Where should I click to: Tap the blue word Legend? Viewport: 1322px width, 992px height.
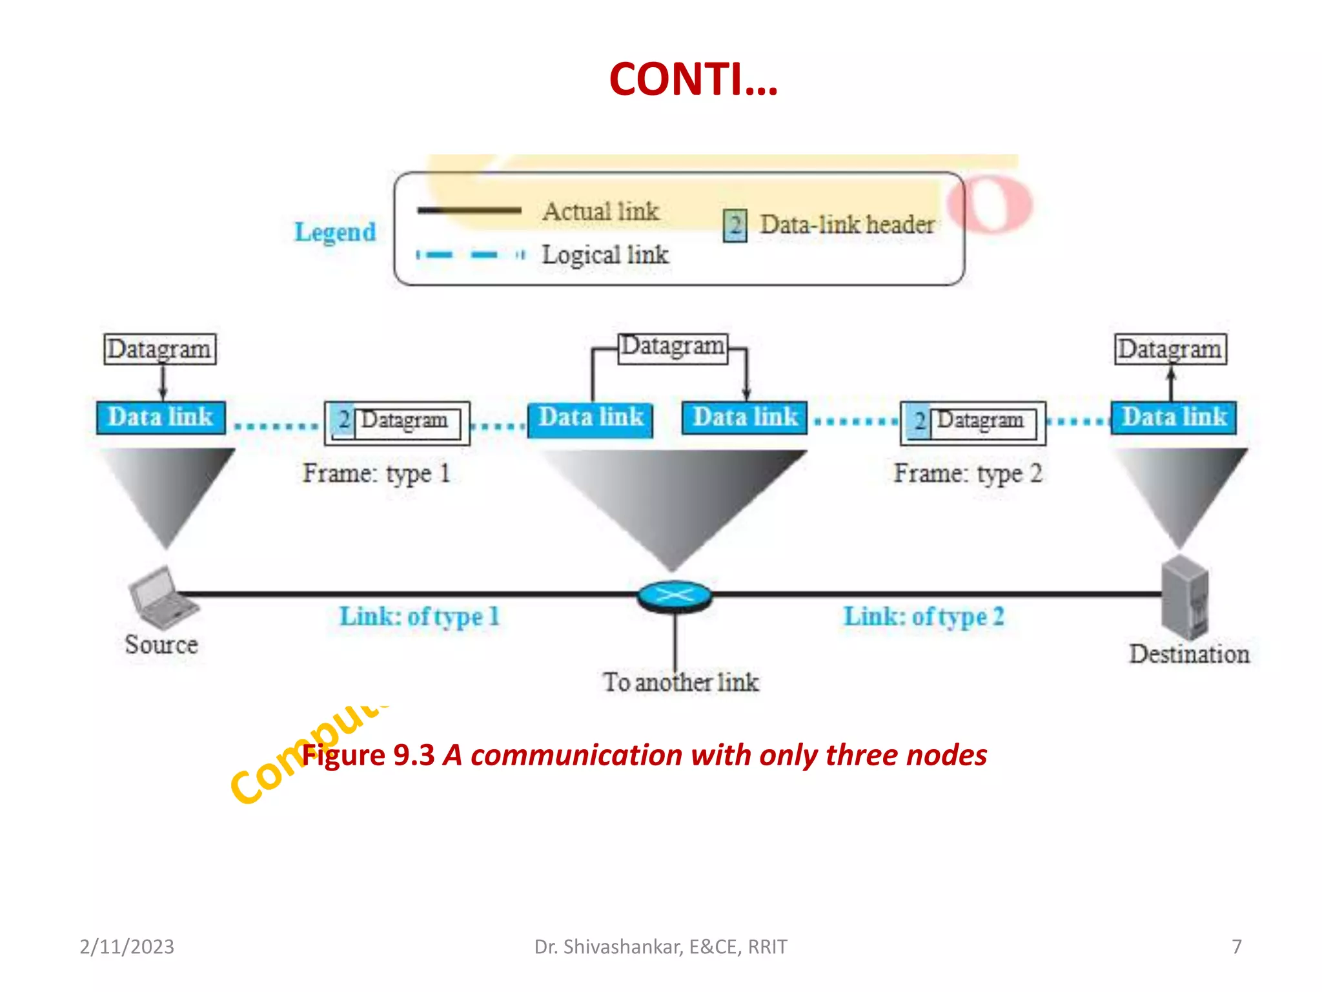(x=334, y=232)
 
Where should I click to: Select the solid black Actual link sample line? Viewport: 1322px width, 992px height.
(x=469, y=210)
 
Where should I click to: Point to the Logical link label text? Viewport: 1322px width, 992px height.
(x=605, y=255)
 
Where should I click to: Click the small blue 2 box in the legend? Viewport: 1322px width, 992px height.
(x=735, y=226)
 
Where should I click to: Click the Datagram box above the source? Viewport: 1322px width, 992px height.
(x=159, y=349)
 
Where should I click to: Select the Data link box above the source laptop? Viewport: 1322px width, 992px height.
(x=161, y=417)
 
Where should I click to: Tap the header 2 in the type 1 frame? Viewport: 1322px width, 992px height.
(x=343, y=420)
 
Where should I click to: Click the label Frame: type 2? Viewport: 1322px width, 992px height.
(x=967, y=473)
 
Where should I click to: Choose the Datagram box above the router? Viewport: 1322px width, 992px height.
(x=672, y=347)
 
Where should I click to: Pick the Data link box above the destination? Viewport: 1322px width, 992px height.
(x=1173, y=417)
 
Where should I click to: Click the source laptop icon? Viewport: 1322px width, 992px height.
(x=162, y=598)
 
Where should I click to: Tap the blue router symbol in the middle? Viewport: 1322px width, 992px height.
(x=674, y=596)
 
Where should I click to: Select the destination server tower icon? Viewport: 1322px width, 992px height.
(x=1185, y=597)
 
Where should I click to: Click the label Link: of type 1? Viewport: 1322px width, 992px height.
(x=420, y=617)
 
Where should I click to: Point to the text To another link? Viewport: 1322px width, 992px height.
(x=680, y=683)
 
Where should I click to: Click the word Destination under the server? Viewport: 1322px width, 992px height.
(x=1189, y=654)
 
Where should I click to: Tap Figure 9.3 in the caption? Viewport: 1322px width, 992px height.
(x=369, y=755)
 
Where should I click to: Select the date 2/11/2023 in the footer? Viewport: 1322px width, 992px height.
(x=127, y=947)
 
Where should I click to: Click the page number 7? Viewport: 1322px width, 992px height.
(x=1236, y=947)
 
